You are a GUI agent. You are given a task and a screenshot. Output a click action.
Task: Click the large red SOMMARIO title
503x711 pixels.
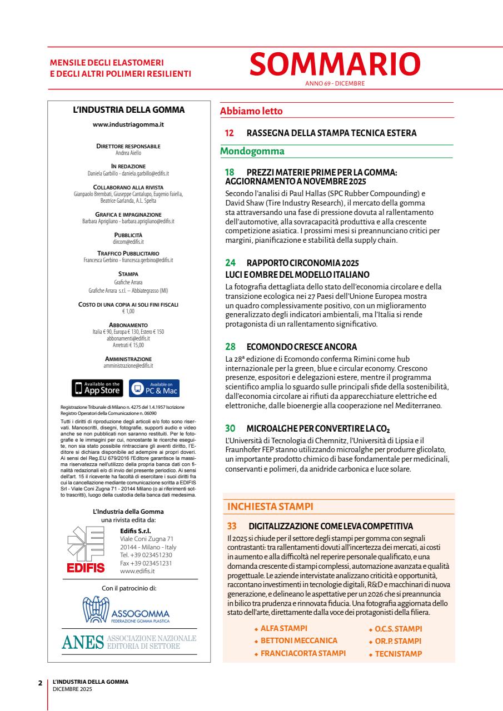coord(335,64)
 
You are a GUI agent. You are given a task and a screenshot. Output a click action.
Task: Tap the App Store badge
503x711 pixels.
coord(98,388)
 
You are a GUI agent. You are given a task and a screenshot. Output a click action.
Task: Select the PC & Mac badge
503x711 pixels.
coord(155,388)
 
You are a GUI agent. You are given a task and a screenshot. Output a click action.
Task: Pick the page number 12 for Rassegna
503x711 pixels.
coord(229,133)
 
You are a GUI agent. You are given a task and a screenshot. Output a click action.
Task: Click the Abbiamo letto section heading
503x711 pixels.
coord(251,111)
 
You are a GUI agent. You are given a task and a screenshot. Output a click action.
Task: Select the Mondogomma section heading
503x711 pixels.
coord(252,151)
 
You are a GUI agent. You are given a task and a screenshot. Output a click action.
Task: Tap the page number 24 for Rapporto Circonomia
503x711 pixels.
coord(230,264)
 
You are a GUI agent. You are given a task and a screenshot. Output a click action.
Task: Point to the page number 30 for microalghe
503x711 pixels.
coord(230,428)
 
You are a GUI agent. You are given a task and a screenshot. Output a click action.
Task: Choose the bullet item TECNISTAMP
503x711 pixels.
coord(398,654)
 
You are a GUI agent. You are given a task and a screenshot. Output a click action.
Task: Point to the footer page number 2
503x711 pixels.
coord(40,682)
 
